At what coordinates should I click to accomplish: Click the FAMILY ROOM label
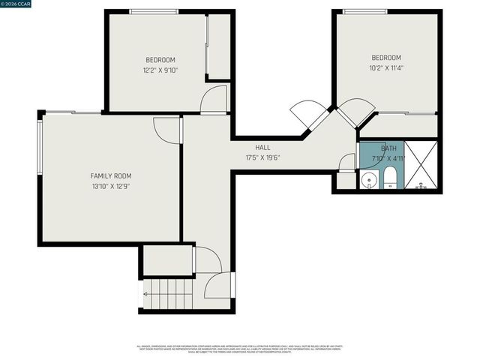pos(110,175)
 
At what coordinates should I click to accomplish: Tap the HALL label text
pos(262,148)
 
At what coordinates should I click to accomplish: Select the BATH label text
pos(388,148)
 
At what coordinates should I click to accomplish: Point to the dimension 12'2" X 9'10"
pos(160,70)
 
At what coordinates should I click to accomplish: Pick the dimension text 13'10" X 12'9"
pos(110,186)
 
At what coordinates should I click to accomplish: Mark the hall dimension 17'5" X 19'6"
pos(262,157)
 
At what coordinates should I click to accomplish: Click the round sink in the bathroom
pos(368,180)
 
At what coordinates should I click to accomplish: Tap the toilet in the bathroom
pos(390,179)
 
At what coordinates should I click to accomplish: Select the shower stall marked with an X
pos(422,165)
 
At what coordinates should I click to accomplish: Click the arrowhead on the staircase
pos(145,294)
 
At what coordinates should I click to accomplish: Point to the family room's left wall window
pos(40,147)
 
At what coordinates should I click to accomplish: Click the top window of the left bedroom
pos(154,11)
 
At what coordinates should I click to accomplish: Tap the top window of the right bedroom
pos(365,11)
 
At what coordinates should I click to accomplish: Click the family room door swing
pos(166,130)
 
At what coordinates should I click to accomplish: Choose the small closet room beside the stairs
pos(167,260)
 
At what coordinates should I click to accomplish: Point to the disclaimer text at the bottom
pos(239,349)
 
